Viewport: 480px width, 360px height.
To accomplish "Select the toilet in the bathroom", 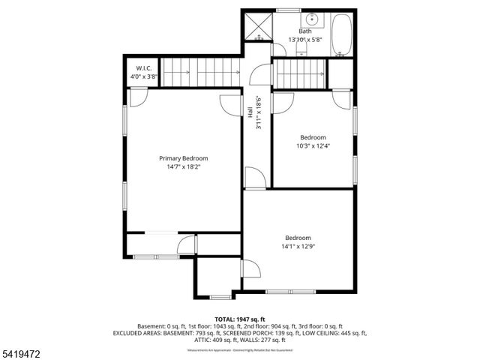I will (x=301, y=48).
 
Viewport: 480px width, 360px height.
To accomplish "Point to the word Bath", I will (x=305, y=31).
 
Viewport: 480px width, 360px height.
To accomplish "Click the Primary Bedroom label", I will (x=183, y=158).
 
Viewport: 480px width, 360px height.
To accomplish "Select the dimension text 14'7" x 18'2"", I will (x=183, y=167).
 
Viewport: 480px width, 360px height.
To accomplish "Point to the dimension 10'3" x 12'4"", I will (x=313, y=146).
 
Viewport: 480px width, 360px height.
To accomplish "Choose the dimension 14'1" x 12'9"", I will (x=297, y=246).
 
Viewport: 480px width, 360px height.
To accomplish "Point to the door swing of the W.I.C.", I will (x=138, y=97).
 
